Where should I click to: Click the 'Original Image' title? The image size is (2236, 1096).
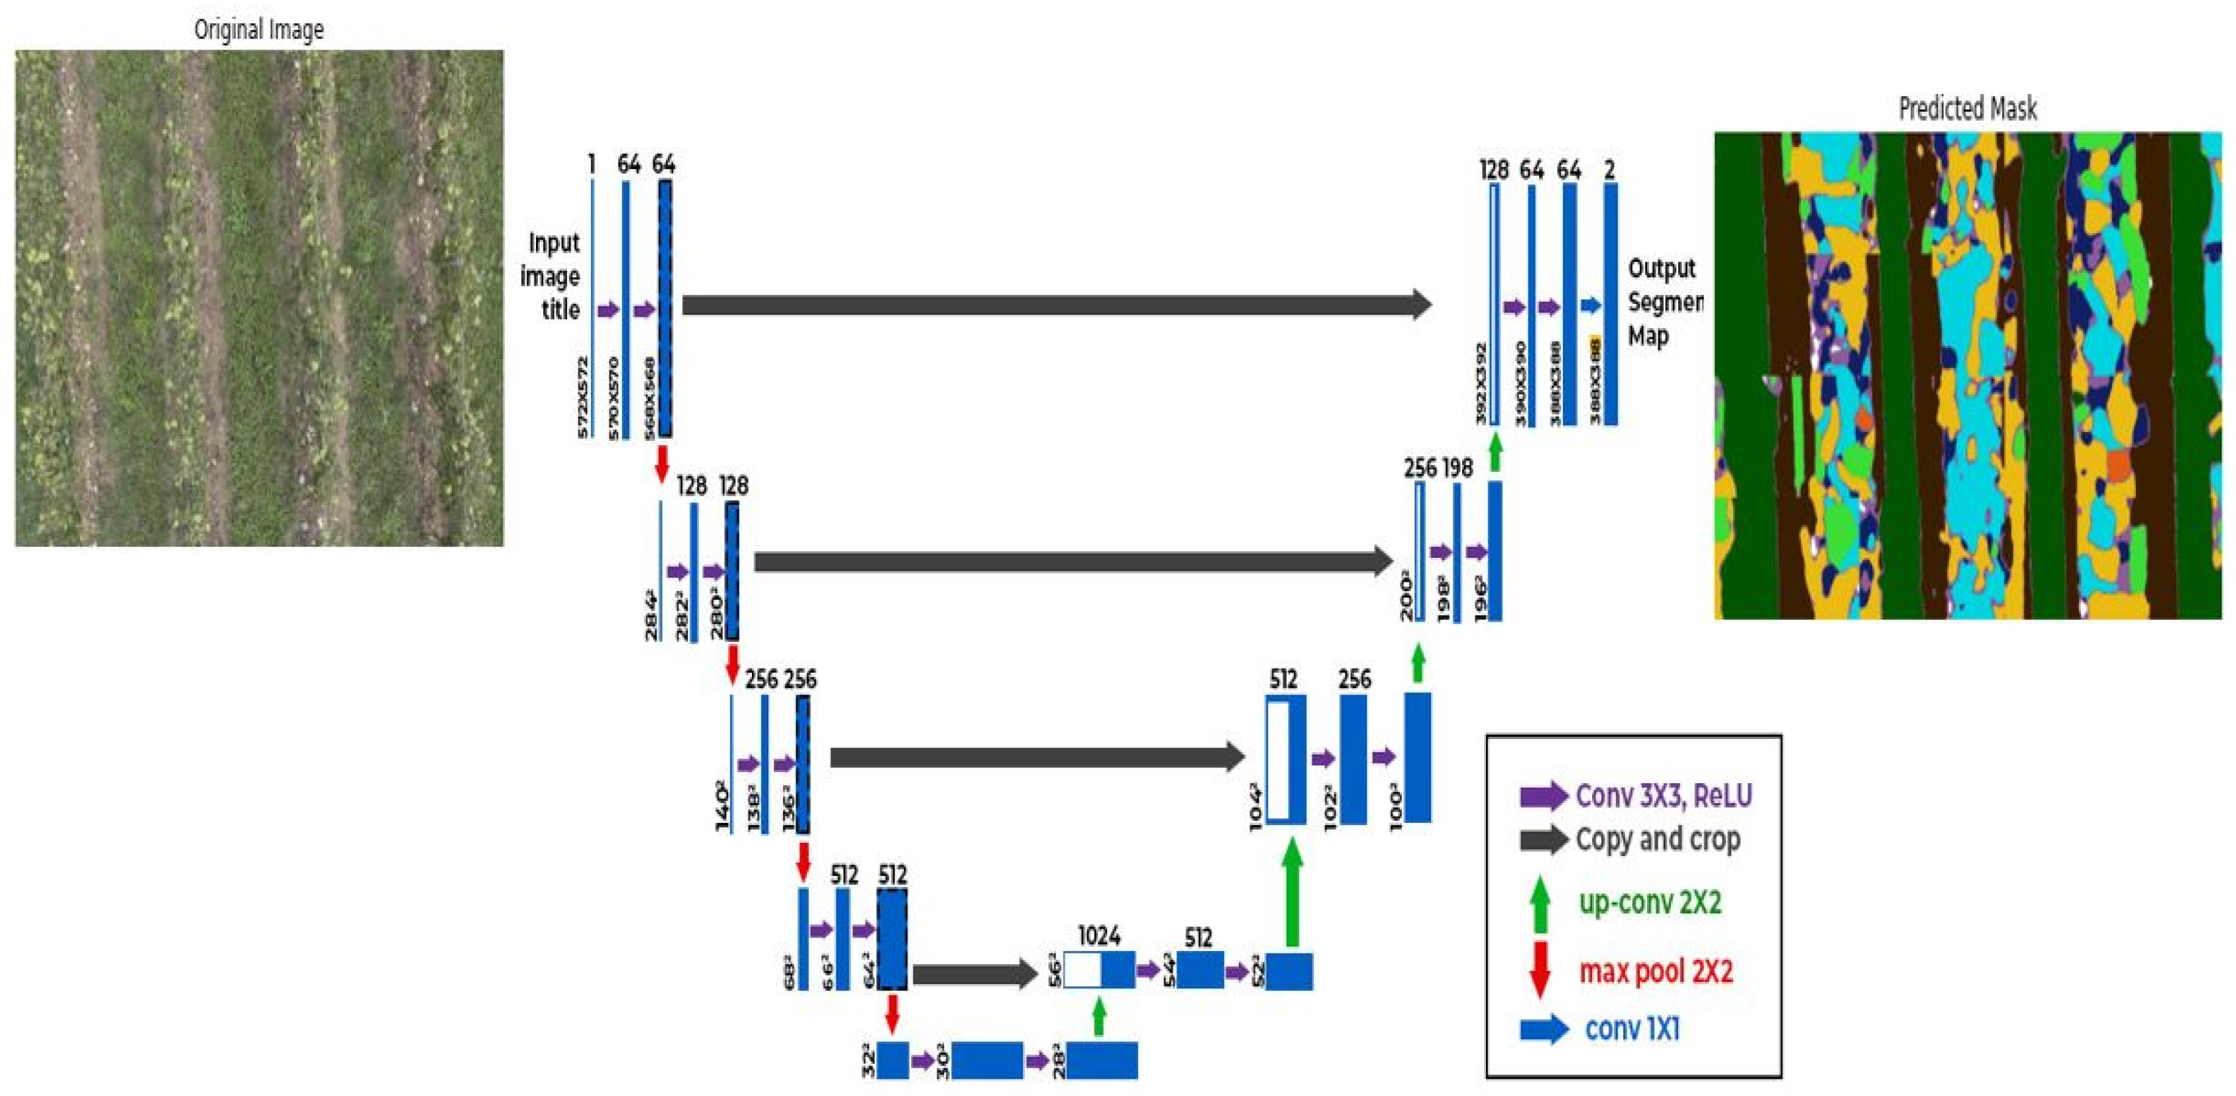pos(258,30)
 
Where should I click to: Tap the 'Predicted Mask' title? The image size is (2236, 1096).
pos(1967,109)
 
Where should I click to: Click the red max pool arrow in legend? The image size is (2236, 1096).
pos(1540,968)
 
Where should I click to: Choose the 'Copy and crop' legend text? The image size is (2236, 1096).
pos(1657,839)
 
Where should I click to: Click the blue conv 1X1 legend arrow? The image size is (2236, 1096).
pos(1543,1029)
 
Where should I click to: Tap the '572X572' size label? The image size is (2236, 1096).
pos(583,397)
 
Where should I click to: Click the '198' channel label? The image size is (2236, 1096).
pos(1458,468)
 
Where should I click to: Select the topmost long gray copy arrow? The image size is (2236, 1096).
pos(1055,305)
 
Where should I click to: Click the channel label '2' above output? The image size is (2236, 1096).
pos(1609,170)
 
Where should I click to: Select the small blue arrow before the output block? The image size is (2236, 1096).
pos(1590,305)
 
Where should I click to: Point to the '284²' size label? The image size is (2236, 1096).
pos(651,616)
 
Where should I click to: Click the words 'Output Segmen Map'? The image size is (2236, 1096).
pos(1662,301)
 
